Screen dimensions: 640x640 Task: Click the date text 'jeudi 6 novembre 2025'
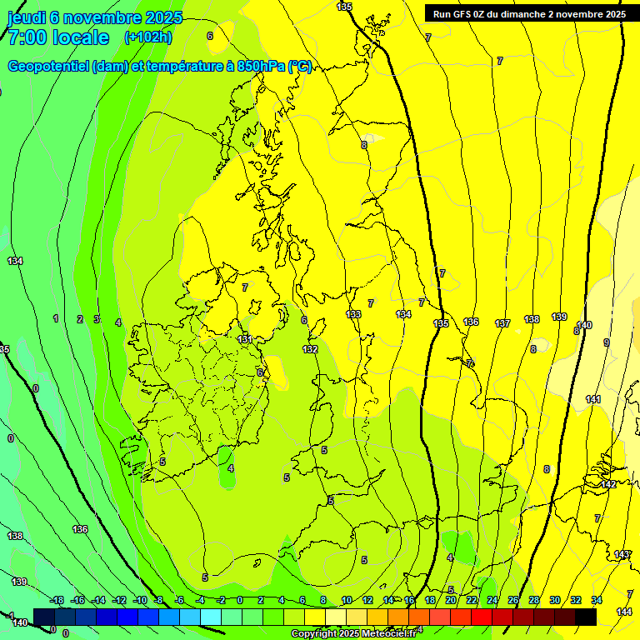95,17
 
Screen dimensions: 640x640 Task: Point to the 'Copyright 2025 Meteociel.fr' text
354,634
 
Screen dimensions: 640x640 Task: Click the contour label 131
245,339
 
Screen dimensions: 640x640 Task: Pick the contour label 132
310,349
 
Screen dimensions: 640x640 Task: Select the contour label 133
354,314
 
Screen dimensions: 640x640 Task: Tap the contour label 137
502,322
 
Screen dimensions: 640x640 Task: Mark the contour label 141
593,400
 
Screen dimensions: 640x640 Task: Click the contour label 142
608,484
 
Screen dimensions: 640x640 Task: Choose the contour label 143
622,554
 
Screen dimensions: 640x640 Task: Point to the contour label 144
624,612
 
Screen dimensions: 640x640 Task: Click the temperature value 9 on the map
606,342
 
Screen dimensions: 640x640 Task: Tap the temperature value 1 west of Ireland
56,318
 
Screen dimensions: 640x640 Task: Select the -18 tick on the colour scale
57,600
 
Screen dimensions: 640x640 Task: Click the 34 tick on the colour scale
597,600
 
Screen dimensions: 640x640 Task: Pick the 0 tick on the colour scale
240,600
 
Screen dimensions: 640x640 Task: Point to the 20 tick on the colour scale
451,600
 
